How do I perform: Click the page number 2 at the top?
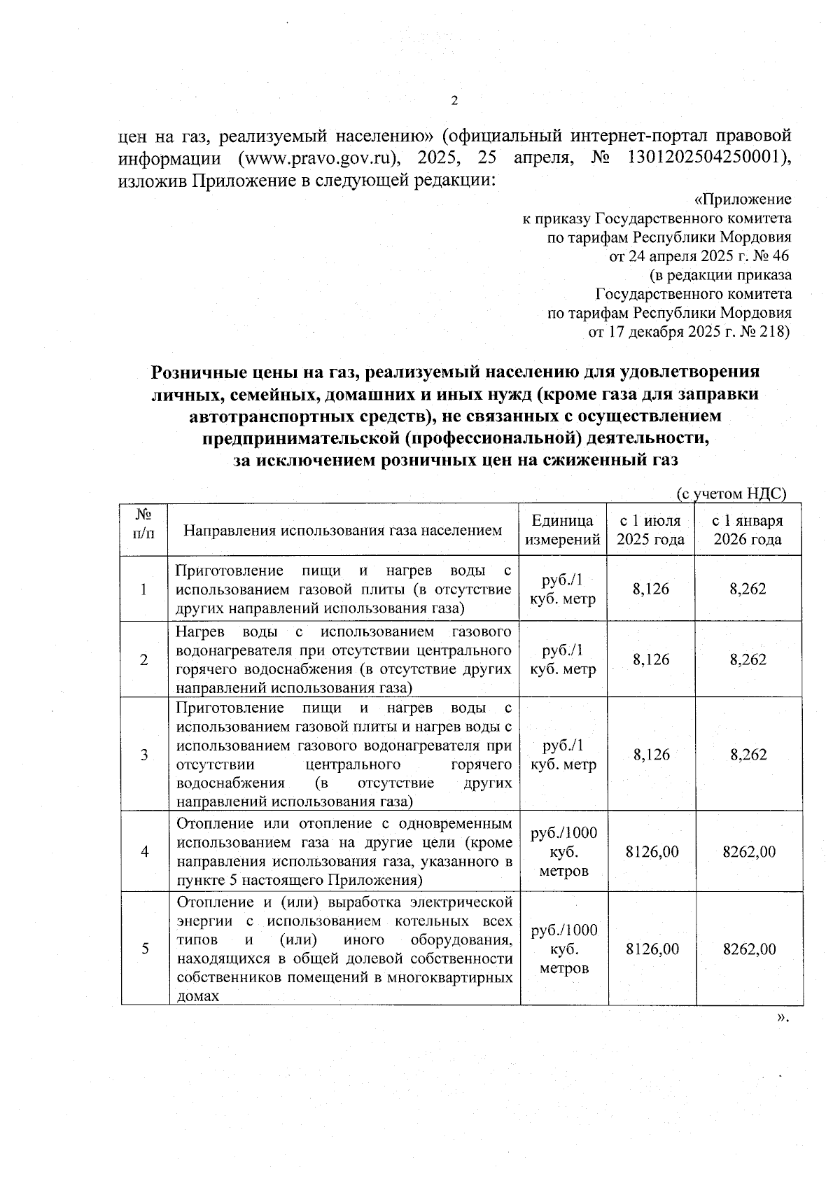coord(454,102)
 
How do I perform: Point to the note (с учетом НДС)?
coord(731,494)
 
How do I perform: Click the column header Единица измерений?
coord(563,530)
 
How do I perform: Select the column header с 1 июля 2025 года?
coord(650,530)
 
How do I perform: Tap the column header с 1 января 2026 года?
coord(747,530)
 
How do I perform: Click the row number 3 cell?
coord(144,755)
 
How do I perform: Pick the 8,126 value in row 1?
coord(650,589)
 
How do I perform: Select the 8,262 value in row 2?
coord(748,659)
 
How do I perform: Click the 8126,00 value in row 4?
coord(651,852)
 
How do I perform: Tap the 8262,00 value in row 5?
coord(748,949)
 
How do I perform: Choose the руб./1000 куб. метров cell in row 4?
coord(563,852)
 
